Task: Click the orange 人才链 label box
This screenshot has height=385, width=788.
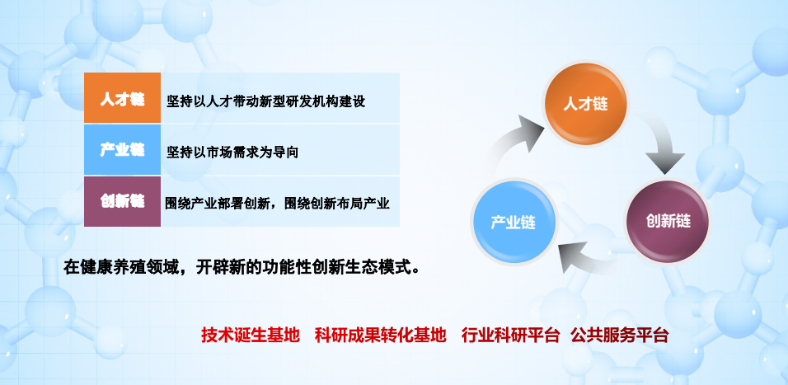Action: click(x=122, y=98)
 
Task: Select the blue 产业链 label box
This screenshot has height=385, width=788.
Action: click(x=122, y=150)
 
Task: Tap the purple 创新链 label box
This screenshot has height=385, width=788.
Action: click(x=122, y=201)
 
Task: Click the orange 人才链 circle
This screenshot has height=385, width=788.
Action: click(x=585, y=104)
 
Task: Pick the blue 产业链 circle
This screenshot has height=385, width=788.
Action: click(x=513, y=222)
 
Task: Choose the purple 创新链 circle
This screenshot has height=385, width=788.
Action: click(x=668, y=221)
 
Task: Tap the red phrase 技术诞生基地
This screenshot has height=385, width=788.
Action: click(x=251, y=335)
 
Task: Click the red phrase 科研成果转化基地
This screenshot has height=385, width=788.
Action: click(x=381, y=335)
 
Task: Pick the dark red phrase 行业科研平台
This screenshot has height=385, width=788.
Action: click(x=510, y=335)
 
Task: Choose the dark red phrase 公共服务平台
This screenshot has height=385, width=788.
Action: click(x=619, y=335)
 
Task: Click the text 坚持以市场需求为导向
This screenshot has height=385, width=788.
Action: click(x=232, y=152)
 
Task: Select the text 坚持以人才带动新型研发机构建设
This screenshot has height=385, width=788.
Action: click(x=266, y=101)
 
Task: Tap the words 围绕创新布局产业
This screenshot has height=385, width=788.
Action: click(x=336, y=204)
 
